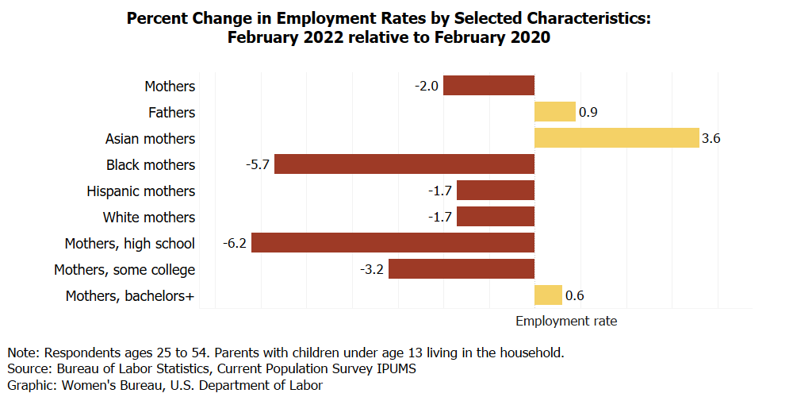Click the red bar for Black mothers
click(404, 164)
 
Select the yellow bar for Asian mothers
click(616, 138)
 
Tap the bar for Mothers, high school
click(393, 243)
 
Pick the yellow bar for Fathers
click(554, 112)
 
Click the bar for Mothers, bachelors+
click(548, 295)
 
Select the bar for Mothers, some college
click(462, 269)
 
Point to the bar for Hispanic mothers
click(496, 191)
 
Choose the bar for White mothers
click(496, 217)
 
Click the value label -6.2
click(236, 243)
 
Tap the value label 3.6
click(711, 139)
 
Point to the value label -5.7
click(259, 164)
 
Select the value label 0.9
click(588, 113)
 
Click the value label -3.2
click(372, 269)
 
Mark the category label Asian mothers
click(150, 139)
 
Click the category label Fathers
click(171, 113)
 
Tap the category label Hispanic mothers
click(140, 191)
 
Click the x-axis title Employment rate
click(565, 321)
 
